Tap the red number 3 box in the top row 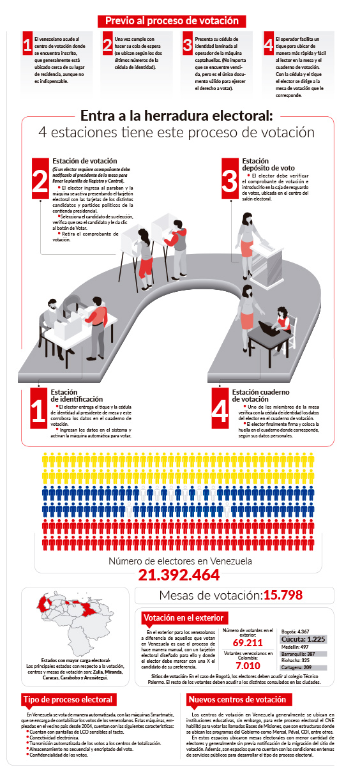point(187,45)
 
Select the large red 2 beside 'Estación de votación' point(40,176)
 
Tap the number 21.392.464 point(179,575)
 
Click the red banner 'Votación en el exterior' point(183,617)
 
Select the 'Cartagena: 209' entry point(298,668)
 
